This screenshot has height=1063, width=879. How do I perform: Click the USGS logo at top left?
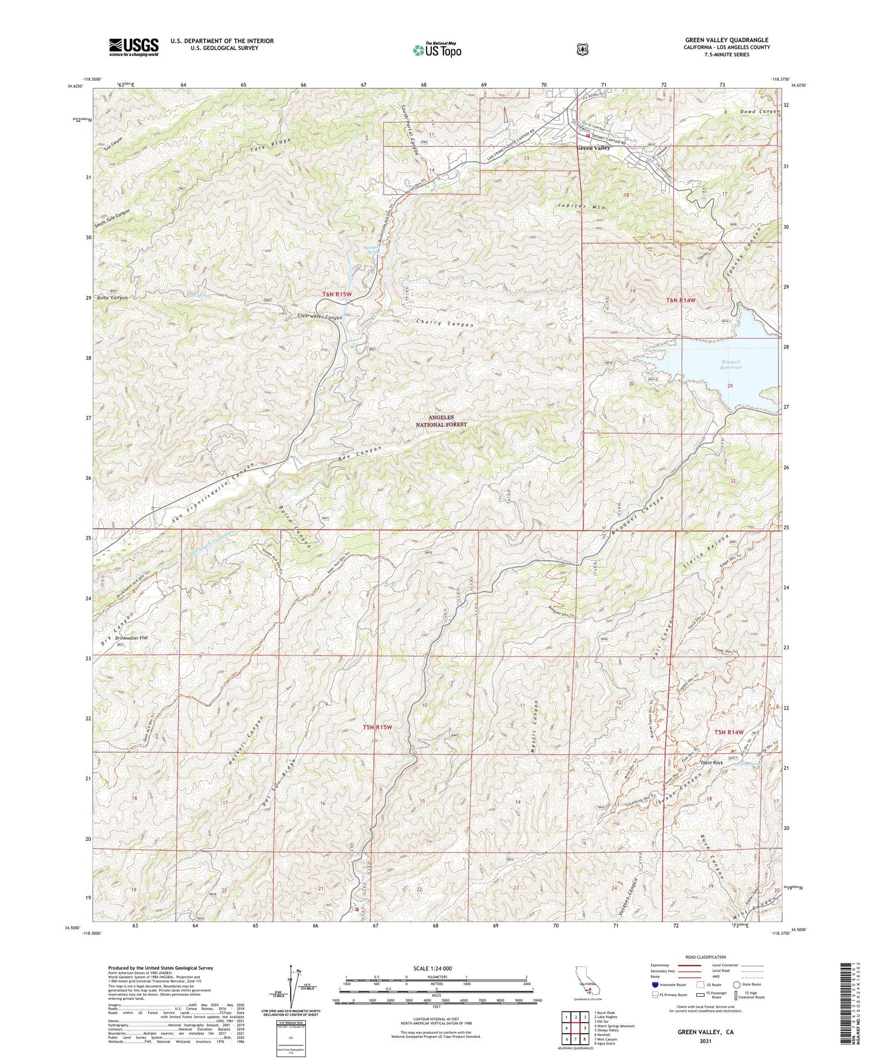134,47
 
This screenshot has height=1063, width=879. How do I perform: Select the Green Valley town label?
593,148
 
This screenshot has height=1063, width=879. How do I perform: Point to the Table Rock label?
713,763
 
